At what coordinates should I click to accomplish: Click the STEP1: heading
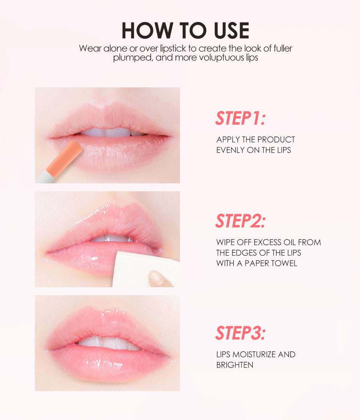point(240,118)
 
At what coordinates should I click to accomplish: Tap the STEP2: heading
point(240,221)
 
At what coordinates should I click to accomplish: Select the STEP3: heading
point(240,333)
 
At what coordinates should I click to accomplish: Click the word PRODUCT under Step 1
point(276,140)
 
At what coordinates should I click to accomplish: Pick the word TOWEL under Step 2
point(284,263)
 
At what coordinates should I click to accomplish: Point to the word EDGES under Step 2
point(246,253)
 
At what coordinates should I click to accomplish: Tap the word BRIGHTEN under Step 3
point(234,364)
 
